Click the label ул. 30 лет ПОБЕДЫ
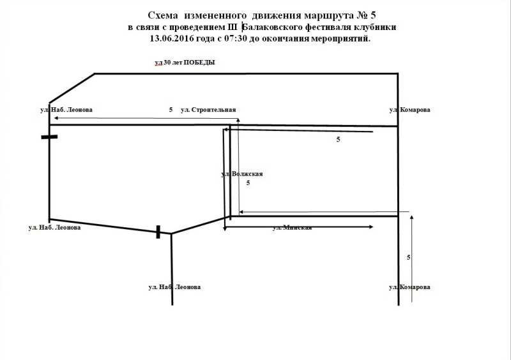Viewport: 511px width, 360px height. click(185, 63)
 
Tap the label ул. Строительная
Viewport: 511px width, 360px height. click(209, 110)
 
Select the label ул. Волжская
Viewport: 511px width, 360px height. click(242, 174)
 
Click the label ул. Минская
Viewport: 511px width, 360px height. click(292, 227)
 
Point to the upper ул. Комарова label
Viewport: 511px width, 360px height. click(409, 110)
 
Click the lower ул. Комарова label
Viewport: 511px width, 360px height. click(409, 287)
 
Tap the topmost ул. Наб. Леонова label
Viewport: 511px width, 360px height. click(66, 110)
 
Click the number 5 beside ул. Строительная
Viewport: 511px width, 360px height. click(171, 110)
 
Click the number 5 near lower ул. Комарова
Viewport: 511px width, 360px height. click(408, 257)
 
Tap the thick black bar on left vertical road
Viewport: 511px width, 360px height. click(49, 137)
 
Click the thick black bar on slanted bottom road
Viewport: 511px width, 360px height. click(158, 232)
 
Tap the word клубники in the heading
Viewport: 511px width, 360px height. click(377, 27)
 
